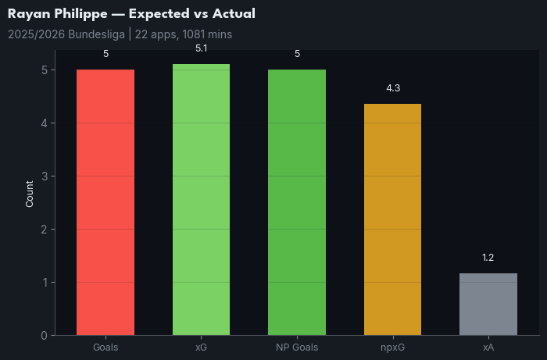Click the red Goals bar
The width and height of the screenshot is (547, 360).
(x=105, y=202)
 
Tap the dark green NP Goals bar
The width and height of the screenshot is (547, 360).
(x=297, y=202)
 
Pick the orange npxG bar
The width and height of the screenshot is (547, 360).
(x=392, y=219)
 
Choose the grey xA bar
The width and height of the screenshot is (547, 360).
(x=488, y=304)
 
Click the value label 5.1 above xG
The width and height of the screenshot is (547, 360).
(x=201, y=48)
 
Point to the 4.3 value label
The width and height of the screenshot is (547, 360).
(x=393, y=88)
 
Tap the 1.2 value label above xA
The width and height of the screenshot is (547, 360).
(x=488, y=258)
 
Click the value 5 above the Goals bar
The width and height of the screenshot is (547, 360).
(x=105, y=54)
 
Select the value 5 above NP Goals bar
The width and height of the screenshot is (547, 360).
(x=297, y=54)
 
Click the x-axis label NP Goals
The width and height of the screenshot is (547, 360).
(x=297, y=347)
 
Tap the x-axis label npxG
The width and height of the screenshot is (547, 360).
(x=392, y=347)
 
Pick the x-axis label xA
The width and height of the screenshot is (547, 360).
(x=488, y=347)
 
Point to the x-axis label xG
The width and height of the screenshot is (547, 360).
(x=201, y=347)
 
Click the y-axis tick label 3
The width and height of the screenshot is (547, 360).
(x=45, y=176)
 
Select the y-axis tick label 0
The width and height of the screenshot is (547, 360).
(x=45, y=336)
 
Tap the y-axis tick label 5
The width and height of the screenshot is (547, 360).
(x=45, y=70)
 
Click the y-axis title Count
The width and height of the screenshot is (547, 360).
(x=30, y=193)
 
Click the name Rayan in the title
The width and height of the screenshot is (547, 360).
(x=28, y=14)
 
